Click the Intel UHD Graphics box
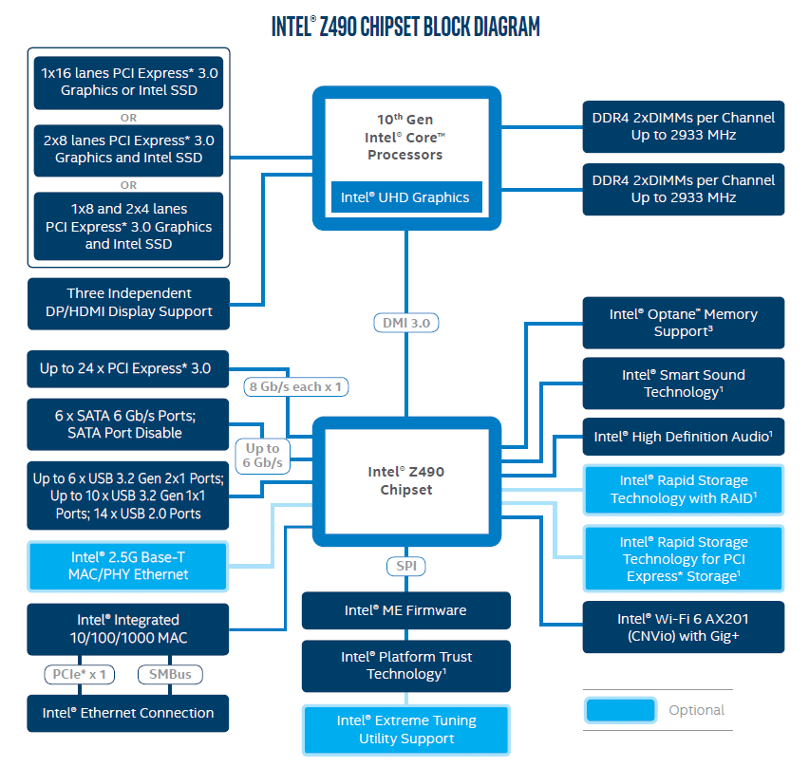[406, 197]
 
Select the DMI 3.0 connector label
[406, 323]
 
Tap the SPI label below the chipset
[405, 566]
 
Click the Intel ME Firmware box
[405, 610]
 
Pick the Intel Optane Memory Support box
[683, 323]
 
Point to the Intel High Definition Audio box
[683, 437]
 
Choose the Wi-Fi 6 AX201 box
[683, 627]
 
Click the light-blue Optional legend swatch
[620, 710]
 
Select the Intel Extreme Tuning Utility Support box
[405, 729]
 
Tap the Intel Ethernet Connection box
[128, 713]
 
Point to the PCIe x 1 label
[79, 675]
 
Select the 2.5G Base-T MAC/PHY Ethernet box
[128, 566]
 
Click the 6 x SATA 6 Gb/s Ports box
[128, 424]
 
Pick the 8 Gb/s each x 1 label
[293, 386]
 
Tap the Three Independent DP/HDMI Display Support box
[128, 303]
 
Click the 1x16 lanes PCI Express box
[128, 82]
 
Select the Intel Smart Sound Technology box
[683, 383]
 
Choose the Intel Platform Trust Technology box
[405, 665]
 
